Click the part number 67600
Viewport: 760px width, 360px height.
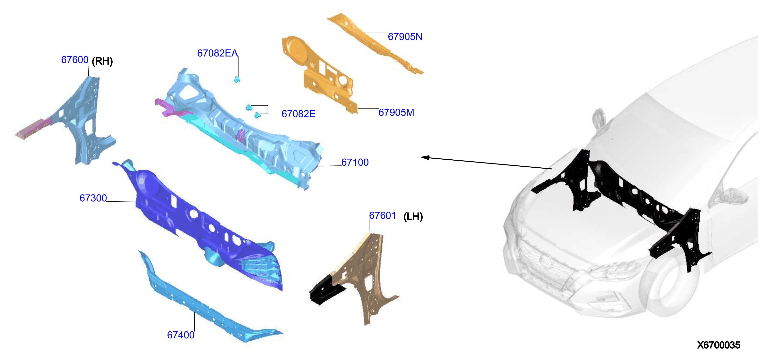[x=75, y=60]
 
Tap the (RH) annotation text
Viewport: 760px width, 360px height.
[x=102, y=61]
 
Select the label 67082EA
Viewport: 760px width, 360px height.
[x=217, y=53]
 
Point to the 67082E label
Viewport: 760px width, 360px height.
[x=298, y=114]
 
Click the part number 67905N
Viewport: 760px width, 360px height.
[x=405, y=37]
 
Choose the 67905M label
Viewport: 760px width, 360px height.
[x=396, y=113]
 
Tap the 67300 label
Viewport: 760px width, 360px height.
[x=93, y=198]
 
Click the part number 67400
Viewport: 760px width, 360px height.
[x=181, y=335]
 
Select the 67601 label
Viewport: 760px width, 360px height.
[x=383, y=215]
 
